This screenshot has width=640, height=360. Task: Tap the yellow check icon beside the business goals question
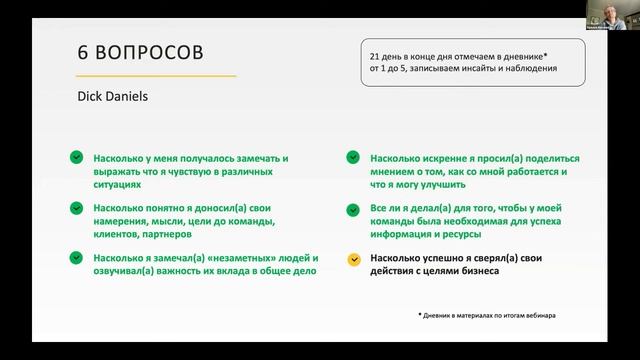point(354,258)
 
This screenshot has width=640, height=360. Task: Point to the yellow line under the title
point(156,76)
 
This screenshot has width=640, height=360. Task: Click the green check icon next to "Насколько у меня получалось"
point(76,158)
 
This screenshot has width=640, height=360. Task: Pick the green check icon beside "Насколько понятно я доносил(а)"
point(76,208)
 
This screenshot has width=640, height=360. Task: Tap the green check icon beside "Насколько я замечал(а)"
point(76,258)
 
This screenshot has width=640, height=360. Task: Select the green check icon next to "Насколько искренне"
point(354,158)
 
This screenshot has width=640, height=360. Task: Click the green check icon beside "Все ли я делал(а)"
point(354,208)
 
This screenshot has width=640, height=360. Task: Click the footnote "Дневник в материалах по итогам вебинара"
point(490,316)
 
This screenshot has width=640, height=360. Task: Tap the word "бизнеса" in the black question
point(478,271)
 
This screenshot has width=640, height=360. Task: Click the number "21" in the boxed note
point(376,58)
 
